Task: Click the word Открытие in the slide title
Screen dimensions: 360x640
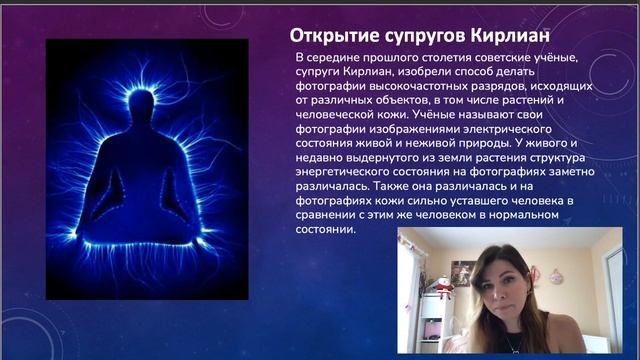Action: point(323,35)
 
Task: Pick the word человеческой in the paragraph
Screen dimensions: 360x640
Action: point(339,115)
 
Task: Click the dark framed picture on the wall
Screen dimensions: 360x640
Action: point(461,271)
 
